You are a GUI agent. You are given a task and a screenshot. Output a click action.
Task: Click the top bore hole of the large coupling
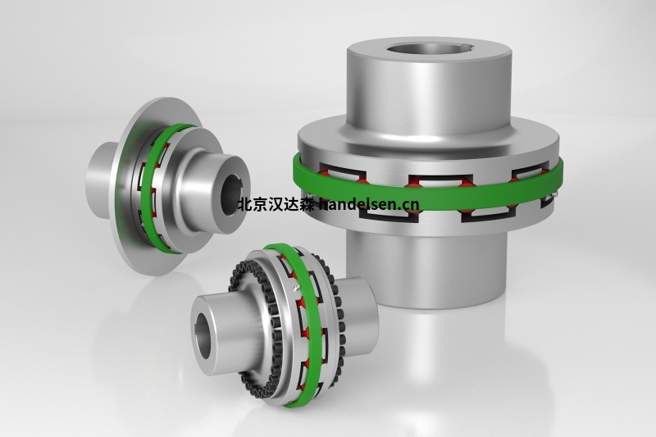coord(425,40)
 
